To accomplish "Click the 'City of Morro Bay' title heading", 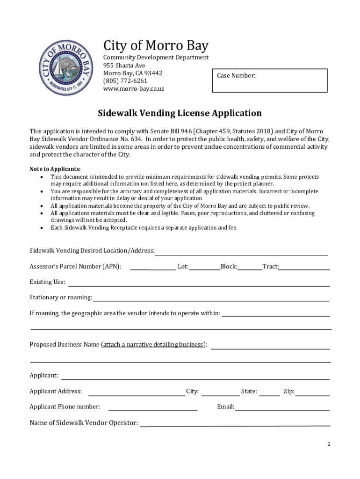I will click(x=156, y=46).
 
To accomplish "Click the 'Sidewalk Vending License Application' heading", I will click(x=180, y=113).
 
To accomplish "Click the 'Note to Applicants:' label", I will click(x=55, y=169).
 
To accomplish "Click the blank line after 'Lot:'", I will click(x=204, y=268).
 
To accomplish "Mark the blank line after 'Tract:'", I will click(x=304, y=268).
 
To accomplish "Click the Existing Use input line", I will click(x=199, y=283).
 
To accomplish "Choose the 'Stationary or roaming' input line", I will click(x=211, y=299).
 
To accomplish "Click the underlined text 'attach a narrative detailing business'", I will click(x=153, y=345).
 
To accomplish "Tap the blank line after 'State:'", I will click(x=269, y=393).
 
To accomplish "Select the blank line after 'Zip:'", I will click(x=313, y=393).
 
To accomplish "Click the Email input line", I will click(x=282, y=408).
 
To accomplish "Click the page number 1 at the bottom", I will click(x=329, y=444).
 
